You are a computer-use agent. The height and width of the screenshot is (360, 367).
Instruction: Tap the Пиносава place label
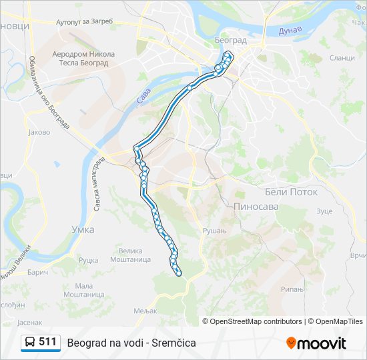click(256, 207)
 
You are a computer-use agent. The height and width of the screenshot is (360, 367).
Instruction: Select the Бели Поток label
click(292, 191)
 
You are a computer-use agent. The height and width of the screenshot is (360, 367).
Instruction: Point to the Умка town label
click(83, 229)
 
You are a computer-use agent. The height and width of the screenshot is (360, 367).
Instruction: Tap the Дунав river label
click(291, 31)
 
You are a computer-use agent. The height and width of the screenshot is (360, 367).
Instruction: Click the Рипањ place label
click(292, 289)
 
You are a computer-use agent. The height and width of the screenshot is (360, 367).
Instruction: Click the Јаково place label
click(39, 132)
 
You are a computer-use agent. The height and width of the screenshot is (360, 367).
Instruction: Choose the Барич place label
click(39, 273)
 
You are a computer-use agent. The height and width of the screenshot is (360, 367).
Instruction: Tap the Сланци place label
click(342, 58)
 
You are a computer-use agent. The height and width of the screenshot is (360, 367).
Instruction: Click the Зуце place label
click(324, 211)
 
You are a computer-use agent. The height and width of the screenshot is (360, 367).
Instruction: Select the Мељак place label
click(144, 311)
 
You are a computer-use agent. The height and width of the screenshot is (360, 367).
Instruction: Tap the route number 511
click(47, 342)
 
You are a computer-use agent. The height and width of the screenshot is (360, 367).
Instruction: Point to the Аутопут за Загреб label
click(84, 21)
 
